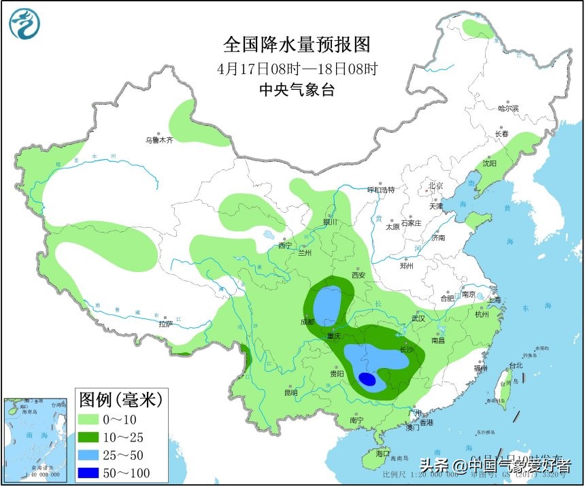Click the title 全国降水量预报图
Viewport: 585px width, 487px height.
[297, 45]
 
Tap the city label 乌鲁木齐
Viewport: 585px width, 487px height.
[159, 140]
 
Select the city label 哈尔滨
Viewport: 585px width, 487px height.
[508, 108]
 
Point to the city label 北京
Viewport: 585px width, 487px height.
[435, 186]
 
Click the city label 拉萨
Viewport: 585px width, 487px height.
[166, 324]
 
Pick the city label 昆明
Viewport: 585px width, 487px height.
[291, 392]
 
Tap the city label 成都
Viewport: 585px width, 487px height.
[307, 322]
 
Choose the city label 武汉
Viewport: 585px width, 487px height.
[418, 318]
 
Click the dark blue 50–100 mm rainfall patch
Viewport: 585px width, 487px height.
[367, 380]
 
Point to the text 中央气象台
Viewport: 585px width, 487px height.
[297, 90]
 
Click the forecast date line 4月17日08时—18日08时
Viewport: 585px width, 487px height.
[297, 69]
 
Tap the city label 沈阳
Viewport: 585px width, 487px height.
[489, 164]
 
